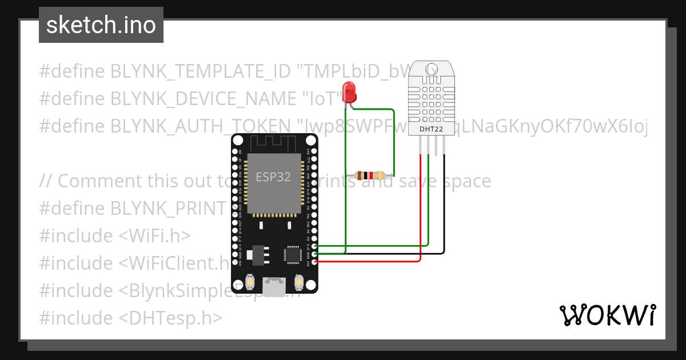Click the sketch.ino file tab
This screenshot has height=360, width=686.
pos(101,25)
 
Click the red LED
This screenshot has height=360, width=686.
pos(349,93)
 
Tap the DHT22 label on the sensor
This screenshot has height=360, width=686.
pos(432,130)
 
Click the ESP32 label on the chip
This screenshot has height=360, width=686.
pos(273,177)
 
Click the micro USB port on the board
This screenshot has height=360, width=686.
pos(275,285)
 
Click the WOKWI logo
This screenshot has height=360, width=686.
pos(607,315)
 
